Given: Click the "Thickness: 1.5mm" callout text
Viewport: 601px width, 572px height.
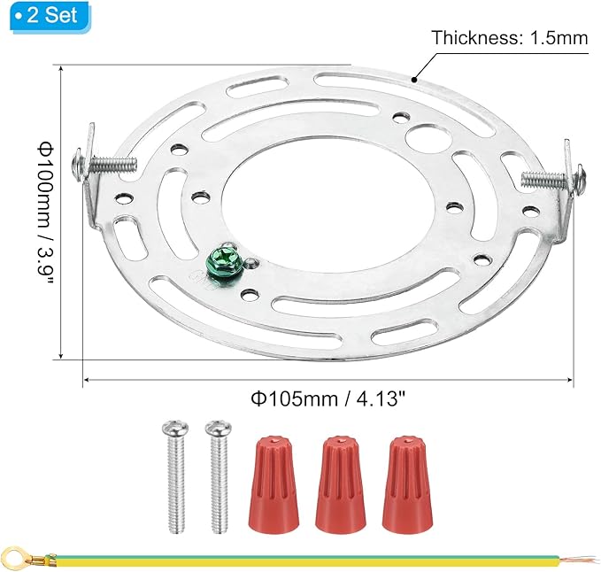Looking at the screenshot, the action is click(510, 38).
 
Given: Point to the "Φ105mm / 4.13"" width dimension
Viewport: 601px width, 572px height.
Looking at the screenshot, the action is click(328, 399).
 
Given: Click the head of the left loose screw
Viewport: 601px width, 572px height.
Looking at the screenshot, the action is click(175, 429).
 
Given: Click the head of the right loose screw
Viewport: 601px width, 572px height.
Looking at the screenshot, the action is click(219, 429).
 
